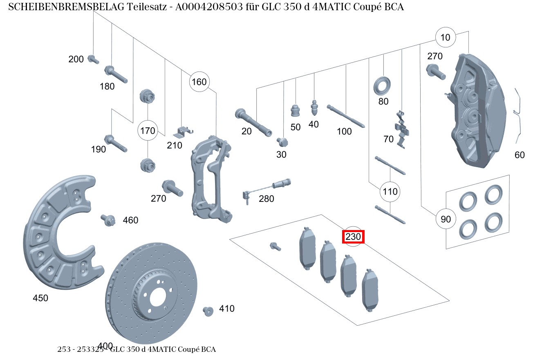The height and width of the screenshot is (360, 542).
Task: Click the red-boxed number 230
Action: (x=353, y=237)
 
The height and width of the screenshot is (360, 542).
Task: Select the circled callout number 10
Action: (x=445, y=38)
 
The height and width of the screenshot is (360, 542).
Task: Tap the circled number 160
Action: (x=199, y=82)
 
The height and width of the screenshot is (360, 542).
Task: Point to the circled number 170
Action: (x=148, y=131)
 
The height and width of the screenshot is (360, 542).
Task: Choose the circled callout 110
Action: (x=390, y=191)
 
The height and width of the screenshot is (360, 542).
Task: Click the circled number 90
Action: (x=446, y=219)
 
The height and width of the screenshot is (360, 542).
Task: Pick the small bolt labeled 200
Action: (x=93, y=59)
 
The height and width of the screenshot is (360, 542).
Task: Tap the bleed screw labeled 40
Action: (x=314, y=107)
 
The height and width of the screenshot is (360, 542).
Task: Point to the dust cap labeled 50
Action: (x=295, y=110)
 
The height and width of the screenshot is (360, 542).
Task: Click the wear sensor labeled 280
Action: (x=268, y=188)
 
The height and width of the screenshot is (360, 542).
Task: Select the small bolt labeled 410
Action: (x=208, y=311)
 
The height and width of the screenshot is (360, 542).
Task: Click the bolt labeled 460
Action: (x=108, y=220)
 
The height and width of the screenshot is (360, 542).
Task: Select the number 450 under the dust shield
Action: (x=40, y=298)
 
